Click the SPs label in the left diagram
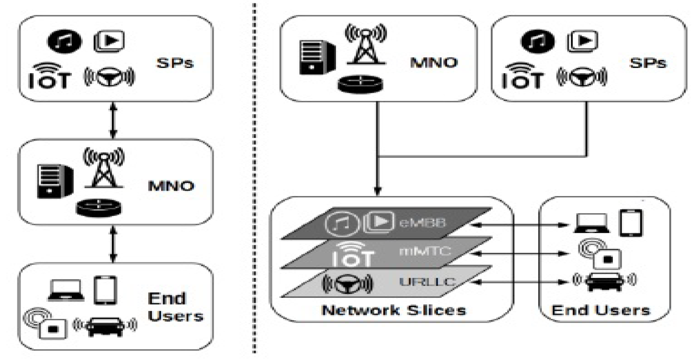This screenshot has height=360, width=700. [x=175, y=63]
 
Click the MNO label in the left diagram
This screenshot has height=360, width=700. [x=171, y=186]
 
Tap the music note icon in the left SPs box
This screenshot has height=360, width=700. [x=64, y=42]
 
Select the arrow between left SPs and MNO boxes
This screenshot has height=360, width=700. [x=113, y=120]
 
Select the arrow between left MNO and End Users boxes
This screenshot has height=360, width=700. [x=113, y=244]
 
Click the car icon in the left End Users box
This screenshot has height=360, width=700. [x=105, y=325]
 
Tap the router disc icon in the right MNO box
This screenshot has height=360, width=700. [x=360, y=84]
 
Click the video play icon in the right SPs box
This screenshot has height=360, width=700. [x=582, y=41]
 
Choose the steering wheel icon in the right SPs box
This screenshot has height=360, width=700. [x=582, y=77]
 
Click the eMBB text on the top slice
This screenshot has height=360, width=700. [x=422, y=223]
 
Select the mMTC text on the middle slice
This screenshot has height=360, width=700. [x=424, y=251]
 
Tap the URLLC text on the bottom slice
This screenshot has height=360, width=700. [x=427, y=282]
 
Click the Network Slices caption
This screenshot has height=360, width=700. [x=394, y=310]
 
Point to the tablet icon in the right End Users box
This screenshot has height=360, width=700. [x=631, y=223]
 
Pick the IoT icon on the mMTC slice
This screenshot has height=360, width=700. [x=352, y=254]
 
